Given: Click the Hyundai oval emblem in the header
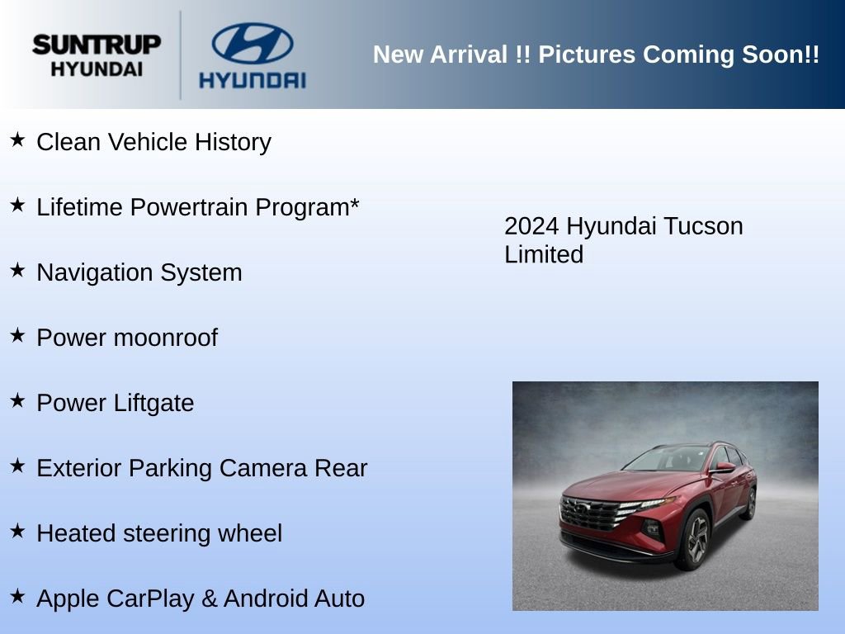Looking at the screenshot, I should tap(252, 43).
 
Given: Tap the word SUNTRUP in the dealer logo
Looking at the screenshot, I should tap(97, 45).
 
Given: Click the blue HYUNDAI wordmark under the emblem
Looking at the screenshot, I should tap(252, 80).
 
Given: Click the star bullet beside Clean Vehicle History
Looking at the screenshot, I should tap(17, 140).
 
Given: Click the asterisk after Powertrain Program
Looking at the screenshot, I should tap(354, 204).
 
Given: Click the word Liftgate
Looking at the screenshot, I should tap(156, 403).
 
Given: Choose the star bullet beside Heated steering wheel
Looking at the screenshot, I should tap(17, 531).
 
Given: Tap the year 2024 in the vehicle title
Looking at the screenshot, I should tap(532, 226).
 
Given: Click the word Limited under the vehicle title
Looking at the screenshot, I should tap(544, 254).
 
